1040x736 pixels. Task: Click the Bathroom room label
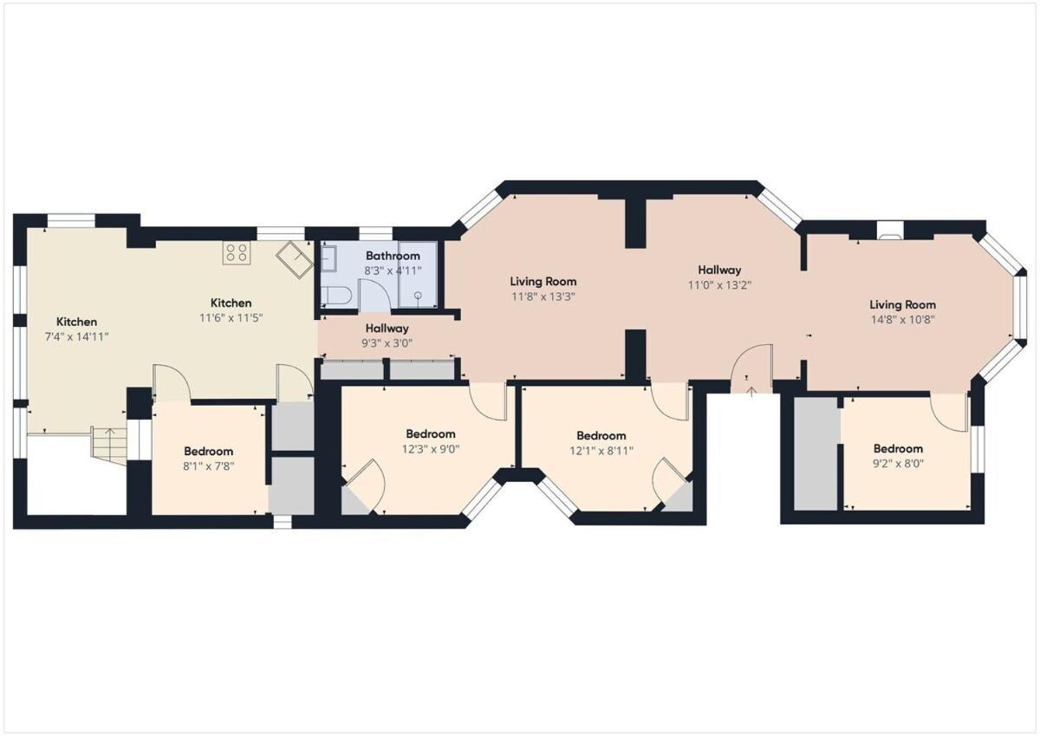393,256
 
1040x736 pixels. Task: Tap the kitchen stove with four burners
237,252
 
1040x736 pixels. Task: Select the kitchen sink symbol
296,257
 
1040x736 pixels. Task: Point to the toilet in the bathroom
336,295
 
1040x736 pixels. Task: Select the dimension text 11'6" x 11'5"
231,317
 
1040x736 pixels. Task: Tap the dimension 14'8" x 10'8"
903,319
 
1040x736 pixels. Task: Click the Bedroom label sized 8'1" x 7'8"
208,452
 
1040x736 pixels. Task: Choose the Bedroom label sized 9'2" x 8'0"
898,449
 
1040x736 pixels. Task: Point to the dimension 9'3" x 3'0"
387,342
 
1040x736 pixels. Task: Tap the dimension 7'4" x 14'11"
77,336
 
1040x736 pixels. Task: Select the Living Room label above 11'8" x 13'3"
543,282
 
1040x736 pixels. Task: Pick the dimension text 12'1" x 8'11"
601,450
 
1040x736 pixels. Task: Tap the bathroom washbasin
329,257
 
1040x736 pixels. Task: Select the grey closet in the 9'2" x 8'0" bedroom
816,453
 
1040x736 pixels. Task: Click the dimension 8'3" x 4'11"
393,270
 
